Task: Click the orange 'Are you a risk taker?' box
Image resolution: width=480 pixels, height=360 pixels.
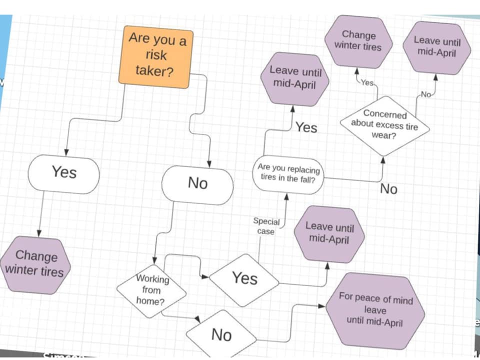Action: [x=156, y=56]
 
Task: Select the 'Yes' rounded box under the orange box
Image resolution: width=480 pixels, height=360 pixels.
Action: [x=64, y=173]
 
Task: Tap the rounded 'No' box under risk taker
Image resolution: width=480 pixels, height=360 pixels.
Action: [x=197, y=184]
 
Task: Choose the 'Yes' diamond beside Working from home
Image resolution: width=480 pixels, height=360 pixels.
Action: [x=244, y=278]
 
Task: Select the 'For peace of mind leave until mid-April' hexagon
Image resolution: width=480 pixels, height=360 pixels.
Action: [x=375, y=310]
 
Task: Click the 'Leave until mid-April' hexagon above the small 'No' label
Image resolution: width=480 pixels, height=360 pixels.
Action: [x=436, y=47]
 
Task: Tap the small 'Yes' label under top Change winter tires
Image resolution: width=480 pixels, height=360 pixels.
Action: [x=367, y=83]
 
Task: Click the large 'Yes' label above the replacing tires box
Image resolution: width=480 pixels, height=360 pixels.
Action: [x=306, y=127]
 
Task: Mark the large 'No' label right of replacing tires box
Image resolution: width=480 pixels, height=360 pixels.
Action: [x=388, y=188]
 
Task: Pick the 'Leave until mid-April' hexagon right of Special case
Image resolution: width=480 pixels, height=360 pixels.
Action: [x=329, y=233]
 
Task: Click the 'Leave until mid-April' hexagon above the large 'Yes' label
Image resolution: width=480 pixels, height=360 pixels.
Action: [x=294, y=78]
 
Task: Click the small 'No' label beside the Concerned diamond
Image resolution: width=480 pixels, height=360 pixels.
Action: [x=425, y=94]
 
